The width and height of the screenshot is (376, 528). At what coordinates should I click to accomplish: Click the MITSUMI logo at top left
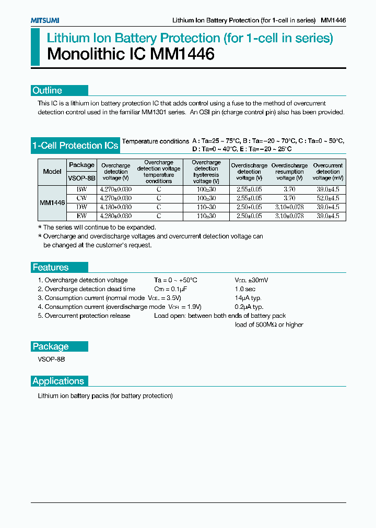pyautogui.click(x=44, y=20)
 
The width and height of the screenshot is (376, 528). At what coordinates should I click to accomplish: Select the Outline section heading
pyautogui.click(x=47, y=90)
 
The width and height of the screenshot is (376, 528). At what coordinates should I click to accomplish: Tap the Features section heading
pyautogui.click(x=51, y=267)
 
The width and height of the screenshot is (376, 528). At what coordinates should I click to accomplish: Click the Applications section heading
pyautogui.click(x=58, y=381)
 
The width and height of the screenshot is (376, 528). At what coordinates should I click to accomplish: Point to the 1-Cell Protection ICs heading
pyautogui.click(x=75, y=146)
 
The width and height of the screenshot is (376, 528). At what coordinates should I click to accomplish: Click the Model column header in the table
pyautogui.click(x=52, y=171)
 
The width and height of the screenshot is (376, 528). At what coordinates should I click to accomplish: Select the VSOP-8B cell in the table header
pyautogui.click(x=82, y=178)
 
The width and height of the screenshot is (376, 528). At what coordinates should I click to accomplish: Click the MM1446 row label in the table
pyautogui.click(x=52, y=202)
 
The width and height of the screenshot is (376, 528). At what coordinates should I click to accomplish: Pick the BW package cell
pyautogui.click(x=82, y=189)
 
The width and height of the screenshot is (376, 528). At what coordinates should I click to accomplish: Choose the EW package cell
pyautogui.click(x=82, y=215)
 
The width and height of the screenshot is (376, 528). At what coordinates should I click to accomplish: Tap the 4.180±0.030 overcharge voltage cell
pyautogui.click(x=115, y=207)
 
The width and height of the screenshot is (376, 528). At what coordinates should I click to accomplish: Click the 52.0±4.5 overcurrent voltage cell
pyautogui.click(x=327, y=198)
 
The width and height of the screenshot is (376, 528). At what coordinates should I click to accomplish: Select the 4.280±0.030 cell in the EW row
pyautogui.click(x=115, y=215)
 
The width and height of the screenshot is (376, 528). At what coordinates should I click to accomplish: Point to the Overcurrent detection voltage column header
pyautogui.click(x=327, y=172)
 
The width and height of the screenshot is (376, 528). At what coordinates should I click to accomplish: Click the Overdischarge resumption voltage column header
pyautogui.click(x=289, y=172)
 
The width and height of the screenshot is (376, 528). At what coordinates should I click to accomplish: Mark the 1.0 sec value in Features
pyautogui.click(x=245, y=289)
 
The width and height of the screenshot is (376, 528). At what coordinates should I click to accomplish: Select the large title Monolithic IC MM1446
pyautogui.click(x=131, y=54)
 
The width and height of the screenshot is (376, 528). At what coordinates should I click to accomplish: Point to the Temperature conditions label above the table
pyautogui.click(x=155, y=141)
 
